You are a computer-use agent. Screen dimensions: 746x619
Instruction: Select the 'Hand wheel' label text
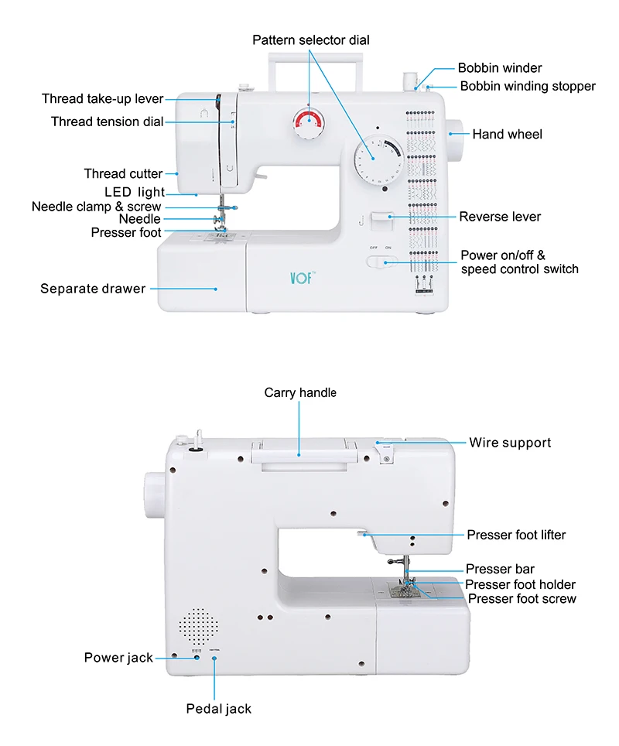[x=507, y=134]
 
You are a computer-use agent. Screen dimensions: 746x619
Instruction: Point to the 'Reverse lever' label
[x=500, y=217]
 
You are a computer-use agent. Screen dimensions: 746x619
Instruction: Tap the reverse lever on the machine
[x=382, y=219]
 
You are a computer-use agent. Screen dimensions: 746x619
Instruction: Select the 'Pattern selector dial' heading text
[x=311, y=40]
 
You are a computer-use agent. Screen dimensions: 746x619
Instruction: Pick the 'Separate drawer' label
[x=93, y=289]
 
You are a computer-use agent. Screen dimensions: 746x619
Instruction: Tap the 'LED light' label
[x=135, y=192]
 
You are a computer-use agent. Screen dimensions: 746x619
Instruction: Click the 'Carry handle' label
[x=300, y=392]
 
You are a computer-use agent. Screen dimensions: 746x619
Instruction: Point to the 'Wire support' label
[x=510, y=443]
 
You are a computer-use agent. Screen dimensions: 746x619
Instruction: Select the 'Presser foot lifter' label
[x=516, y=535]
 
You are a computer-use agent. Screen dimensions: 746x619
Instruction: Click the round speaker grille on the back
[x=198, y=624]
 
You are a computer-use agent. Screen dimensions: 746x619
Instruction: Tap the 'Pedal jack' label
[x=218, y=708]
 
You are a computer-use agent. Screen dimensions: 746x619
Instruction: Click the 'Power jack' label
[x=118, y=658]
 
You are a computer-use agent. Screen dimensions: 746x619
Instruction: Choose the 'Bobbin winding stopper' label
[x=528, y=86]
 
